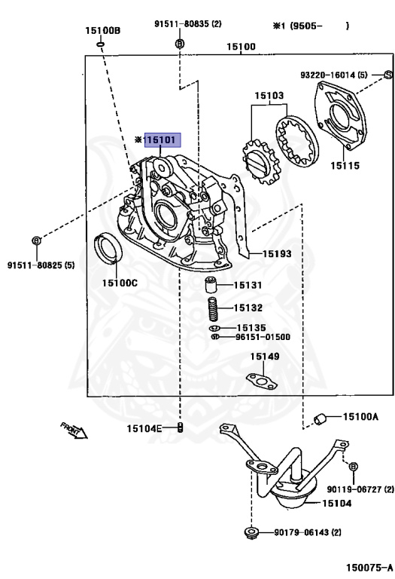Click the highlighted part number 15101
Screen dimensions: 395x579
(x=163, y=140)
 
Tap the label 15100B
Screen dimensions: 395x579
(x=103, y=30)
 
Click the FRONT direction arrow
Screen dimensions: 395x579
(x=74, y=430)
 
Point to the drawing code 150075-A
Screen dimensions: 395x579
(x=369, y=567)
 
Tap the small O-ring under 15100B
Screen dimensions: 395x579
(x=101, y=44)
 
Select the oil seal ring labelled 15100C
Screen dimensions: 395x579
(x=108, y=248)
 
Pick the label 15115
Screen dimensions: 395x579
(x=345, y=165)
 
